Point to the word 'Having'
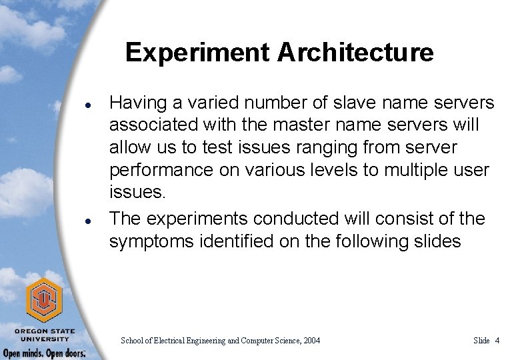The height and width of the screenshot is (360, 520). pos(136,103)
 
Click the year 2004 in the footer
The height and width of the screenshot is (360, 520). pos(311,341)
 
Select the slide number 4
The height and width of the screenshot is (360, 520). pos(497,341)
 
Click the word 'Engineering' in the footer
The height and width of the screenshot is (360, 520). pos(199,341)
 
